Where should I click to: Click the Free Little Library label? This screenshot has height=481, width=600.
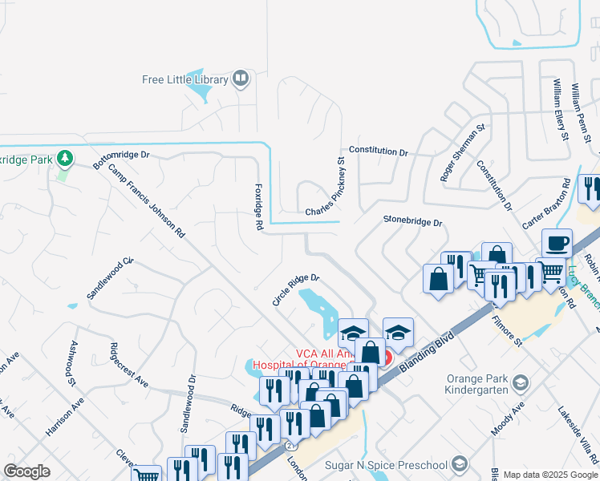pyautogui.click(x=184, y=79)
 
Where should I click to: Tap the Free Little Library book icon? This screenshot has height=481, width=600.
pyautogui.click(x=240, y=79)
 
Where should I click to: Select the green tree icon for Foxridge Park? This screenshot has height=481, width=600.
pyautogui.click(x=65, y=159)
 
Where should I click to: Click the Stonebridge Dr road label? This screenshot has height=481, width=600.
pyautogui.click(x=412, y=220)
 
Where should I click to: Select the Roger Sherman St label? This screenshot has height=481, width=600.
pyautogui.click(x=464, y=153)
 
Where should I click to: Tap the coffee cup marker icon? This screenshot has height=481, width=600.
pyautogui.click(x=557, y=241)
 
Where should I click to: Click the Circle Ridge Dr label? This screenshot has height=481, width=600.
pyautogui.click(x=296, y=289)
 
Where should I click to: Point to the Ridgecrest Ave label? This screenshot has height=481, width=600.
pyautogui.click(x=128, y=366)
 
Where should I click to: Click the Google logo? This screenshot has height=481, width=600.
pyautogui.click(x=26, y=471)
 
